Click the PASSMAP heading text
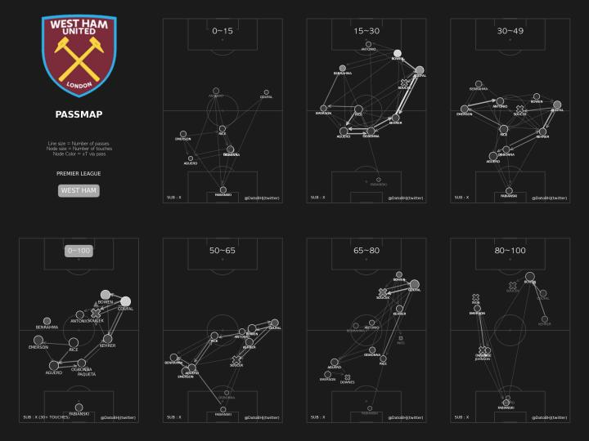tap(79, 114)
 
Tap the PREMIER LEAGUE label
tap(79, 173)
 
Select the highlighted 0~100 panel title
tap(79, 251)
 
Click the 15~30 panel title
tap(366, 31)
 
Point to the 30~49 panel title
tap(510, 31)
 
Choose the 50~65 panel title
tap(223, 251)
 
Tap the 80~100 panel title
tap(510, 251)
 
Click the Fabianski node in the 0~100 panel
tap(79, 407)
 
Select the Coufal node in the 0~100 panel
tap(125, 301)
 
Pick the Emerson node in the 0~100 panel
tap(38, 340)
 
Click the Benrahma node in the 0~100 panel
tap(47, 321)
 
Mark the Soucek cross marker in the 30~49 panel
tap(519, 109)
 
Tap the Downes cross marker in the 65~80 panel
tap(348, 377)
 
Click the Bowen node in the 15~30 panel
tap(398, 53)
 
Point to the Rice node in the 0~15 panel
tap(222, 128)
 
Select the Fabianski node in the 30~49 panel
tap(509, 190)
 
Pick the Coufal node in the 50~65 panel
tap(275, 323)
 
